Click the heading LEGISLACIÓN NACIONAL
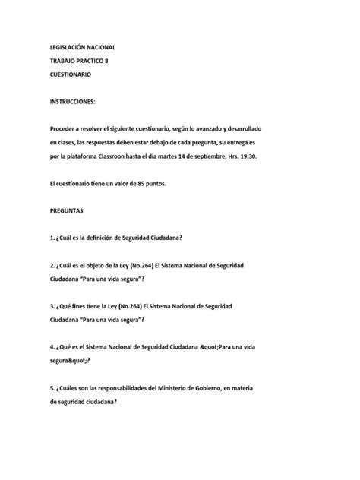click(x=81, y=47)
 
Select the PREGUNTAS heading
click(x=68, y=210)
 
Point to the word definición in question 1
click(x=108, y=238)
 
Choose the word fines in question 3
click(x=87, y=305)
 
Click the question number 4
click(x=49, y=347)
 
